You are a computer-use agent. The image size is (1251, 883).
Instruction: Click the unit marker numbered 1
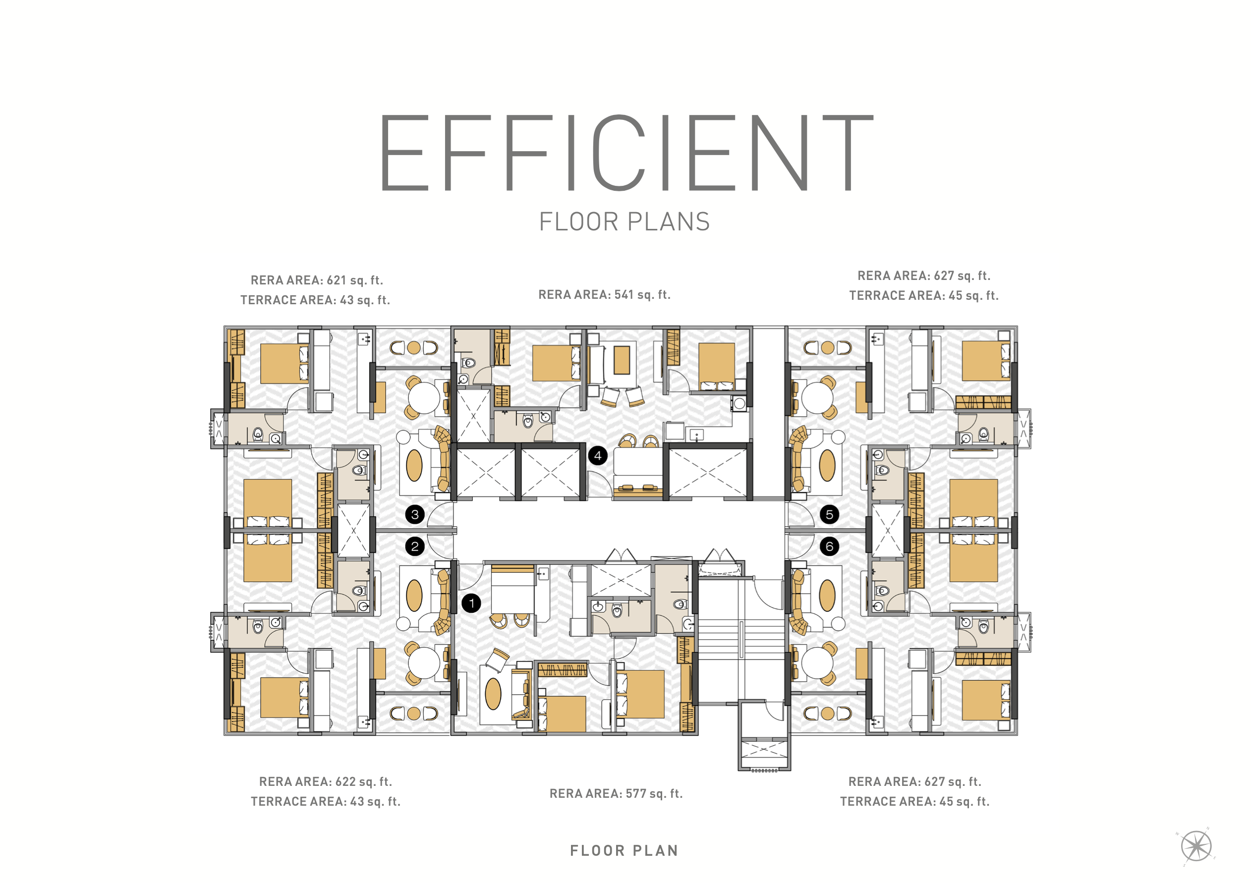pos(471,603)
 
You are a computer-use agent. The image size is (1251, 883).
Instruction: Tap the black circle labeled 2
pos(415,547)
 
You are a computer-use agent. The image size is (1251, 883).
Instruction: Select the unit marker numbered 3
pos(415,514)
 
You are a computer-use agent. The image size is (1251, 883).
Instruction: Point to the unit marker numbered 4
pos(598,455)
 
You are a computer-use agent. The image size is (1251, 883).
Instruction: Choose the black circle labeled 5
pos(829,514)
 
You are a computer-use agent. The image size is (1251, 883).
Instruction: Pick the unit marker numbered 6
pos(829,547)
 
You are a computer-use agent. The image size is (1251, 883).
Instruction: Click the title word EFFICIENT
pos(626,153)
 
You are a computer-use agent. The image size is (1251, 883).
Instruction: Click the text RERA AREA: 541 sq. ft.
pos(604,295)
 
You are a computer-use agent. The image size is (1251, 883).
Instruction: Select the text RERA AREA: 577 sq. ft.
pos(616,794)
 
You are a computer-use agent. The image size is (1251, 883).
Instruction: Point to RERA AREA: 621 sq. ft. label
pos(317,280)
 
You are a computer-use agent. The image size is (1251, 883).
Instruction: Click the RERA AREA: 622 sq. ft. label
pos(325,782)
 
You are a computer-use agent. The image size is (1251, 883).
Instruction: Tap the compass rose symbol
pos(1196,846)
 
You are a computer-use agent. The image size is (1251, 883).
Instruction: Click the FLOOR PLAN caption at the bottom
pos(625,850)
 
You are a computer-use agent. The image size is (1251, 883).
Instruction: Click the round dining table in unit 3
pos(424,398)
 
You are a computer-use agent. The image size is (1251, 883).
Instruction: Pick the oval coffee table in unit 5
pos(827,465)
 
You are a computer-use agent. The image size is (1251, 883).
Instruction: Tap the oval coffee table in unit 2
pos(414,596)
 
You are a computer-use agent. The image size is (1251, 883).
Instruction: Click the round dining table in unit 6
pos(817,663)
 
